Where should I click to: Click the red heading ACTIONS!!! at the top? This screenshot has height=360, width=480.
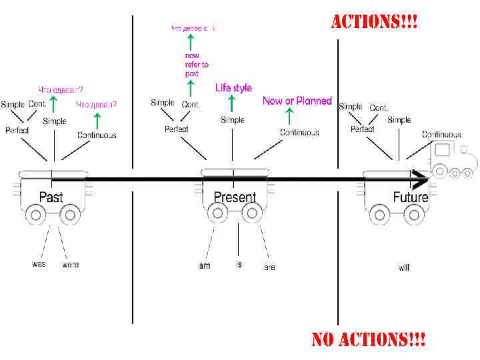375,21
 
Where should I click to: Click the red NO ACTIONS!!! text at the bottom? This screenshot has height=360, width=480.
369,340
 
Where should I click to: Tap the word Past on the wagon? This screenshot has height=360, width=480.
51,197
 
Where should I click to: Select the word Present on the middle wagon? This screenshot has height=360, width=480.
235,197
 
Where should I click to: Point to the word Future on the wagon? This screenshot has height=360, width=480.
410,197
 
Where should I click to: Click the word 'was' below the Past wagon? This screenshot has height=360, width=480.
39,264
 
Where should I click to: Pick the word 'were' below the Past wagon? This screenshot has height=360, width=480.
70,265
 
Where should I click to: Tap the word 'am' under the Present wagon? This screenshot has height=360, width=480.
205,265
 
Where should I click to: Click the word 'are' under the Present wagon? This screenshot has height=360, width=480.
269,267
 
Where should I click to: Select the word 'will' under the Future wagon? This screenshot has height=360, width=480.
404,267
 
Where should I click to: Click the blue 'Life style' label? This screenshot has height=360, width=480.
233,88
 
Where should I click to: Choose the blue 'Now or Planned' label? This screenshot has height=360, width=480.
297,101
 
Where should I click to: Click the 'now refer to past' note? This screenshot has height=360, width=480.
197,65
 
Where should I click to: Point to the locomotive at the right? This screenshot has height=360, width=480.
453,160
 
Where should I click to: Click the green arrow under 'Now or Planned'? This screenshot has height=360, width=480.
288,117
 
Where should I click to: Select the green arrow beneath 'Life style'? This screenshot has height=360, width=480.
231,103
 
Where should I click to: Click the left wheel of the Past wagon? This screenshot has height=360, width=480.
33,215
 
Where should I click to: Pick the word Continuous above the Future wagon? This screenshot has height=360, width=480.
441,135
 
